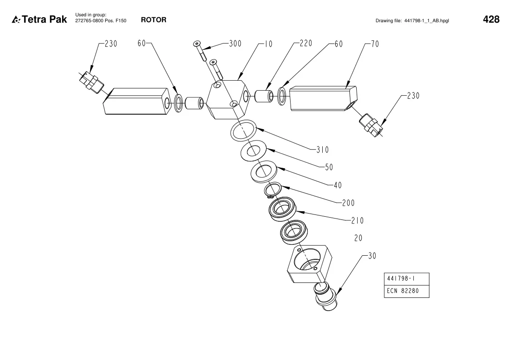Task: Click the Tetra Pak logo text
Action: (44, 19)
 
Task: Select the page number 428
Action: (491, 19)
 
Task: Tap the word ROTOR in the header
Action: (154, 20)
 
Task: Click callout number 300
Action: (235, 44)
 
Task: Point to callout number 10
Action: (268, 44)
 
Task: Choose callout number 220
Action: (306, 43)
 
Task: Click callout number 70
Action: (375, 44)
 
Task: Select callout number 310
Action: (323, 150)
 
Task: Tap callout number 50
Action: (329, 167)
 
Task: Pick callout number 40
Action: (338, 185)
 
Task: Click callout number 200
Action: (348, 203)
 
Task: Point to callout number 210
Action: (358, 220)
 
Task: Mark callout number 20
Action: (359, 238)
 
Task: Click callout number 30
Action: (372, 256)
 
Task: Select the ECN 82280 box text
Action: (403, 291)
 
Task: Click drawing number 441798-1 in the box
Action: (401, 278)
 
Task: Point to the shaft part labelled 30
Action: (326, 297)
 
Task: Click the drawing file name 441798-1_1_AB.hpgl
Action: (427, 20)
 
